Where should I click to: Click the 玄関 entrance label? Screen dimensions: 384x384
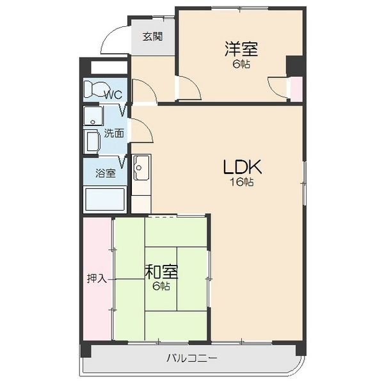click(152, 36)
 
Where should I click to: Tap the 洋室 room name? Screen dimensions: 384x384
click(241, 49)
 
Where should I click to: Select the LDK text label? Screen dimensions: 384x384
click(242, 167)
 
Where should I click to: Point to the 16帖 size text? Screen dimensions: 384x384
click(241, 182)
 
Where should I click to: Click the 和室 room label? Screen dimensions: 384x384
click(161, 271)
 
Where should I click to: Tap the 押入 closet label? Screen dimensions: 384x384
click(97, 278)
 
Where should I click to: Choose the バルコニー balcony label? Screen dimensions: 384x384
click(192, 359)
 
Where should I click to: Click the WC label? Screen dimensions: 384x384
click(113, 95)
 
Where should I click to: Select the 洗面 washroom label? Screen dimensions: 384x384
click(114, 134)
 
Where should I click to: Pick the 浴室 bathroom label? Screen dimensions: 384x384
click(106, 173)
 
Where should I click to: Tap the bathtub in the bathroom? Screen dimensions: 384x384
click(105, 200)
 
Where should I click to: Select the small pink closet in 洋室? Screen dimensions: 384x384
click(296, 89)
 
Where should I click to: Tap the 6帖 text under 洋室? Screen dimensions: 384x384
click(241, 64)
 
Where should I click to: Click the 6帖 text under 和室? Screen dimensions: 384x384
click(161, 286)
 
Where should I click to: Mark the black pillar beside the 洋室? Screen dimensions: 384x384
click(295, 66)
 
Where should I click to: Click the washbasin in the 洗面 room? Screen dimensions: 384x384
click(93, 116)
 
